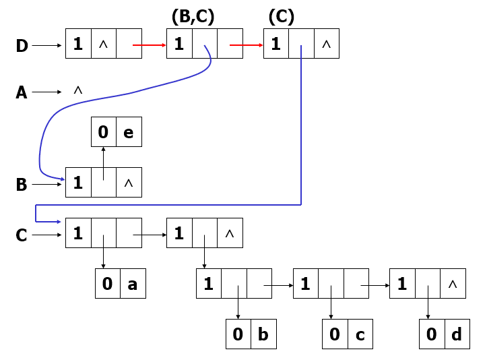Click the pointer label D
pyautogui.click(x=22, y=46)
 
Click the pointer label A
pyautogui.click(x=22, y=92)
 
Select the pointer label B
pyautogui.click(x=22, y=185)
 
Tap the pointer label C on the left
pyautogui.click(x=22, y=235)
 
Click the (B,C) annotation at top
pyautogui.click(x=193, y=16)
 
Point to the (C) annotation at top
pyautogui.click(x=281, y=16)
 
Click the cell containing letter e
pyautogui.click(x=129, y=132)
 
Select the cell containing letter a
pyautogui.click(x=133, y=284)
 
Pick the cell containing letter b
pyautogui.click(x=263, y=334)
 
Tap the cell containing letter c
pyautogui.click(x=360, y=334)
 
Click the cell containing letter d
pyautogui.click(x=457, y=334)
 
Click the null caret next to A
pyautogui.click(x=77, y=90)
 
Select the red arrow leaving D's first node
pyautogui.click(x=149, y=46)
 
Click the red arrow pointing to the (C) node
pyautogui.click(x=246, y=46)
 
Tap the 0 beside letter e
pyautogui.click(x=103, y=132)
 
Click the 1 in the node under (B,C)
pyautogui.click(x=179, y=44)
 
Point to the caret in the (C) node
pyautogui.click(x=327, y=44)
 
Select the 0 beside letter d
pyautogui.click(x=432, y=334)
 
